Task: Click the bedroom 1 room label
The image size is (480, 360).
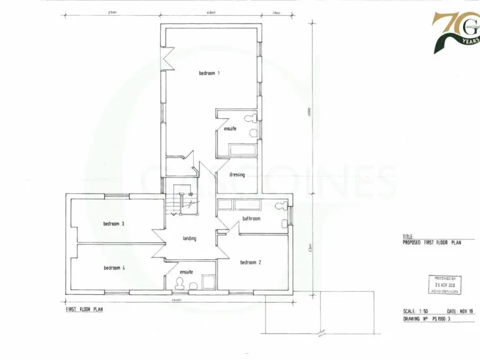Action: [x=209, y=73]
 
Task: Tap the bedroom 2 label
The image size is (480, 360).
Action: [x=251, y=262]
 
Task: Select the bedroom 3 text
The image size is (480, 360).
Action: [x=114, y=224]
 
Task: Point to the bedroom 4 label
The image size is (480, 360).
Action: [x=114, y=268]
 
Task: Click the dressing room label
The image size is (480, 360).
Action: [x=237, y=175]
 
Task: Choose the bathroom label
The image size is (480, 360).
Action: [x=251, y=219]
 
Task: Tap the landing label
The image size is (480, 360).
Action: [x=190, y=239]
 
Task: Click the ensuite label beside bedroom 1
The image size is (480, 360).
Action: [x=230, y=129]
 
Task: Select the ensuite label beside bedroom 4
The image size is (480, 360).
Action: [x=186, y=272]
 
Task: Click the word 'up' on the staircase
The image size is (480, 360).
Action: [x=190, y=194]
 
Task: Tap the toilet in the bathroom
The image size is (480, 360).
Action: [x=280, y=207]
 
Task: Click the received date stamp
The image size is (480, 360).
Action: [x=446, y=285]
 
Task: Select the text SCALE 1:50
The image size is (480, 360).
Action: [x=417, y=311]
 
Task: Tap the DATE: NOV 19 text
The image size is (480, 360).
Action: [x=460, y=311]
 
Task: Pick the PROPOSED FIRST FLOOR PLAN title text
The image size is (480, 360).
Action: [x=432, y=242]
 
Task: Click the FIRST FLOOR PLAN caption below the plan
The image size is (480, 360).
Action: [x=84, y=309]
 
